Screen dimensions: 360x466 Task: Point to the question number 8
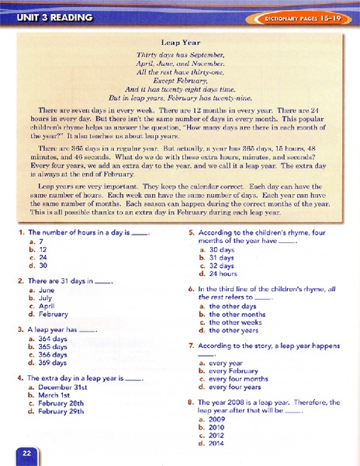pos(191,402)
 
